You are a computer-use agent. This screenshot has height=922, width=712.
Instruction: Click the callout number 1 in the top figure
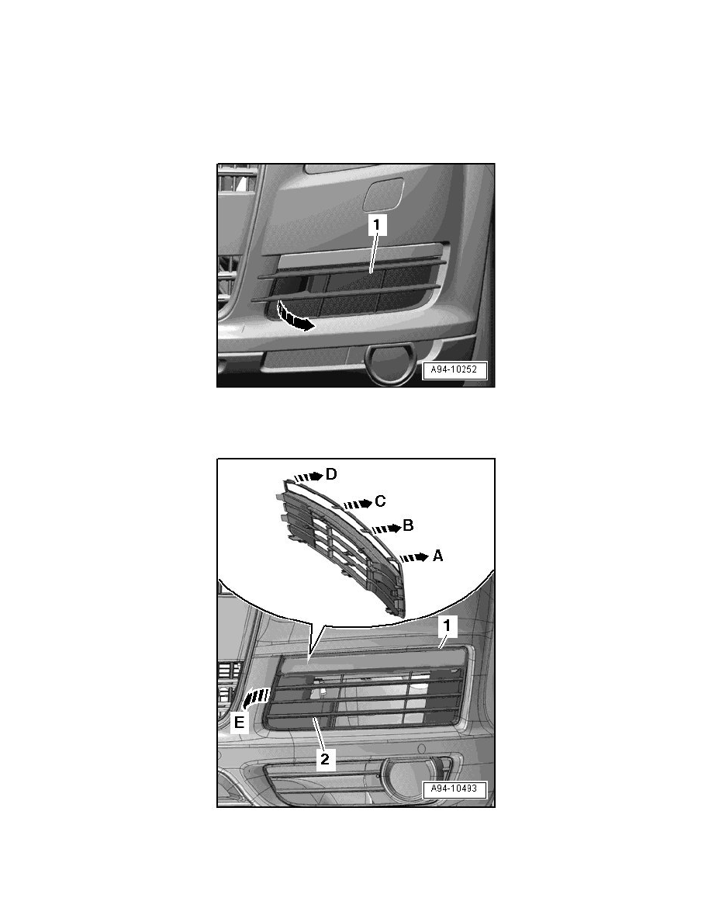377,224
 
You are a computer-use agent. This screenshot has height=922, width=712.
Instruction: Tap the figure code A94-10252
454,370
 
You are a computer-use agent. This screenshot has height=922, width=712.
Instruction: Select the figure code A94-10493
454,789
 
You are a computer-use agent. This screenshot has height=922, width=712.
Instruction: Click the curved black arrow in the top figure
295,317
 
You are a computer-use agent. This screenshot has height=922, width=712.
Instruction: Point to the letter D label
331,474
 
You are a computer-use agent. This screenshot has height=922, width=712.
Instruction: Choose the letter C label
380,501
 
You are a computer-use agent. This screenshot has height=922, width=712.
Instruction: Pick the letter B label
408,525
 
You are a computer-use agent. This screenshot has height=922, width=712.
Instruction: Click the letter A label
437,555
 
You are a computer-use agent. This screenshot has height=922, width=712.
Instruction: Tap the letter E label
239,722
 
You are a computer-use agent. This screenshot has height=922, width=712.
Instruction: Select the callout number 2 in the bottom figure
324,758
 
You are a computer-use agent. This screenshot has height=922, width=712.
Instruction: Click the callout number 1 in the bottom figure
447,626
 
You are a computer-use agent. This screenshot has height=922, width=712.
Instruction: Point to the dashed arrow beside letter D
309,477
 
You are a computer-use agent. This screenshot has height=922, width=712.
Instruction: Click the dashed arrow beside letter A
413,556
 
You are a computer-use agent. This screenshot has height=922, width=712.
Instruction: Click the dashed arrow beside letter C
358,504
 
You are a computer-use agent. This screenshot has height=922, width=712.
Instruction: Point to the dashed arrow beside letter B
385,528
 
